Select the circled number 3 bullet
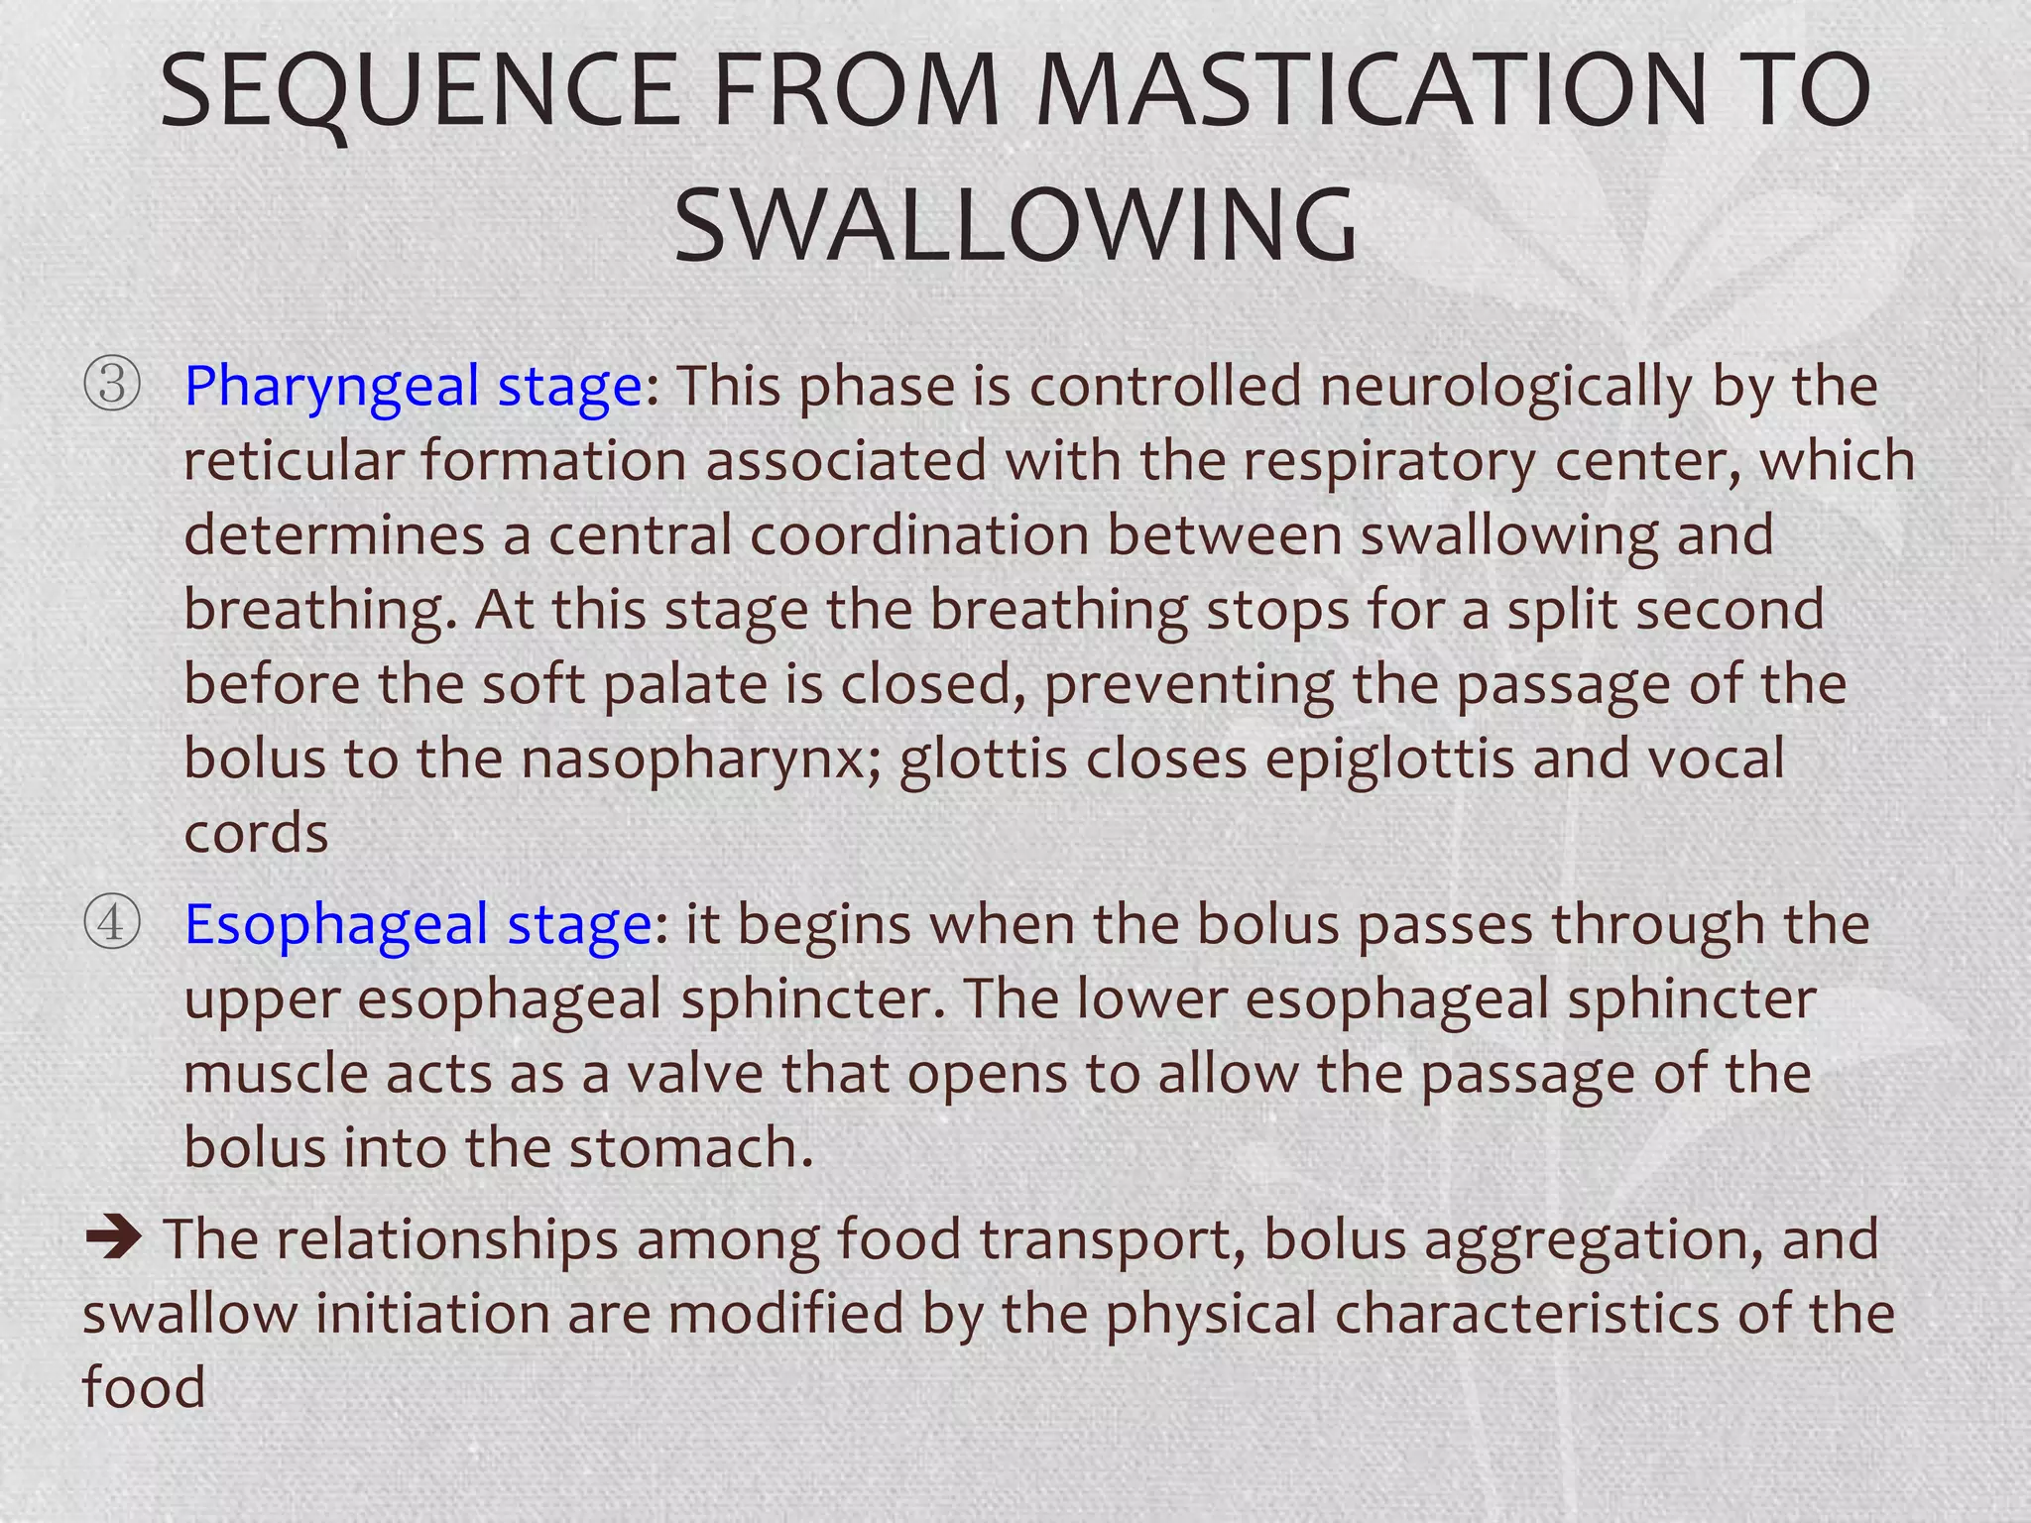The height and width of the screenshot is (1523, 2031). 111,385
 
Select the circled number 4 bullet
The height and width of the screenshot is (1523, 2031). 111,923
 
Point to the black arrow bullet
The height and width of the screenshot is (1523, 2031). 114,1238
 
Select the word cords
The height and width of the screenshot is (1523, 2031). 256,833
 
